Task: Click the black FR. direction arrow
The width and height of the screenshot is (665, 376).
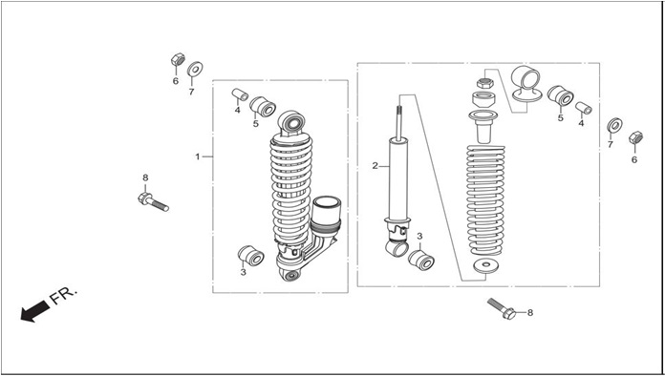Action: [x=34, y=311]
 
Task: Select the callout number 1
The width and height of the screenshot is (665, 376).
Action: [x=197, y=157]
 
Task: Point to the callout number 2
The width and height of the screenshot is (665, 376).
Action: [x=375, y=166]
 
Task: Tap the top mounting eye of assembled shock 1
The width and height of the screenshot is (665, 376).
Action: [x=291, y=123]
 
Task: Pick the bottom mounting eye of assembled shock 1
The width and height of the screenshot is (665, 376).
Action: [x=290, y=275]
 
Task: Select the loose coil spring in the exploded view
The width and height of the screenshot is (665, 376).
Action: [x=485, y=200]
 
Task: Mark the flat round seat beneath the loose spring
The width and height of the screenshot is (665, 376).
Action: [x=486, y=265]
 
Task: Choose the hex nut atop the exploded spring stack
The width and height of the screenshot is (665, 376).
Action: [x=483, y=83]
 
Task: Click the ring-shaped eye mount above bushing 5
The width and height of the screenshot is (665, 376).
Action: [x=526, y=83]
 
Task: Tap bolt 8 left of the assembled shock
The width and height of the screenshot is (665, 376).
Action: [x=153, y=201]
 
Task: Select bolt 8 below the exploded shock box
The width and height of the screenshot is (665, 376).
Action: [x=502, y=308]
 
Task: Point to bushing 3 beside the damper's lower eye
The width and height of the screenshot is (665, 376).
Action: [x=421, y=260]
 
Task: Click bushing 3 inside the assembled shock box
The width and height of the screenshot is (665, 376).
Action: [x=251, y=256]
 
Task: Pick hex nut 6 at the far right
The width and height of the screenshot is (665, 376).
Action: [x=635, y=137]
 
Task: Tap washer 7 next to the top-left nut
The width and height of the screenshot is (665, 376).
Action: [x=195, y=68]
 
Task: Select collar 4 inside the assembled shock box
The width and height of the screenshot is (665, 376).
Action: [x=240, y=94]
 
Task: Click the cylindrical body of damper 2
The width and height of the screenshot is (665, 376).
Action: [x=398, y=179]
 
